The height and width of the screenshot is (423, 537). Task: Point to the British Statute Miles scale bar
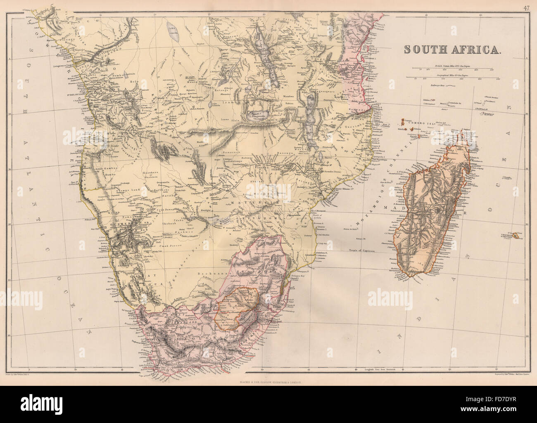tap(451, 68)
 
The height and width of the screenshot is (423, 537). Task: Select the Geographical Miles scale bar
tap(451, 77)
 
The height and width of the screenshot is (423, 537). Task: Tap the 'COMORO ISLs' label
tap(421, 123)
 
